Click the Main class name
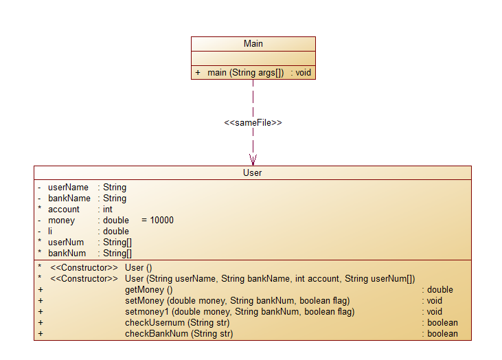pyautogui.click(x=253, y=44)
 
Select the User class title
pyautogui.click(x=252, y=173)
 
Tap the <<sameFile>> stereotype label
pyautogui.click(x=253, y=122)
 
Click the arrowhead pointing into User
pyautogui.click(x=253, y=159)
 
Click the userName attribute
pyautogui.click(x=68, y=187)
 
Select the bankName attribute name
pyautogui.click(x=69, y=198)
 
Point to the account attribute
pyautogui.click(x=63, y=209)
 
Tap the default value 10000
pyautogui.click(x=161, y=220)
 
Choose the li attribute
pyautogui.click(x=50, y=231)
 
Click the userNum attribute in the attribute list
pyautogui.click(x=66, y=242)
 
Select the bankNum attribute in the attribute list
pyautogui.click(x=67, y=253)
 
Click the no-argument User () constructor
pyautogui.click(x=138, y=267)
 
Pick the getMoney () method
pyautogui.click(x=148, y=290)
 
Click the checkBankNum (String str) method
pyautogui.click(x=179, y=334)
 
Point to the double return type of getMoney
pyautogui.click(x=440, y=290)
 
